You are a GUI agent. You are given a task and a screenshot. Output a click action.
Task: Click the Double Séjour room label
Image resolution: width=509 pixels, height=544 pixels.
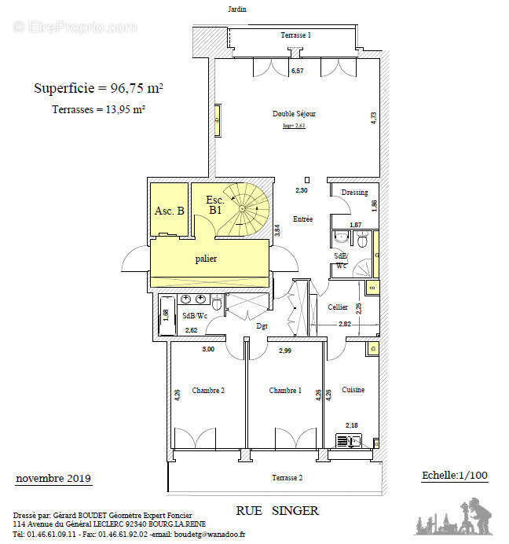click(294, 114)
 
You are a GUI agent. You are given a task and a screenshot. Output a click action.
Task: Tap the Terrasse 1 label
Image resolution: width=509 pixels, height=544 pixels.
click(296, 36)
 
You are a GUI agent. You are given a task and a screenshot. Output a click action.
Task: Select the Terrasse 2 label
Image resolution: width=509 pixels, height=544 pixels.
click(287, 478)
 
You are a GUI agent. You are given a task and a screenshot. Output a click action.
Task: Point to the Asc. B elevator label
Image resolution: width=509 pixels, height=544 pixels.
click(169, 211)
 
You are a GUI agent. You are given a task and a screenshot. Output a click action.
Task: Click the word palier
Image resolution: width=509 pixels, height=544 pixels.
click(206, 259)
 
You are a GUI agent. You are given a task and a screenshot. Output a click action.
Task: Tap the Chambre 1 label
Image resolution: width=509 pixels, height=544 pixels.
click(284, 391)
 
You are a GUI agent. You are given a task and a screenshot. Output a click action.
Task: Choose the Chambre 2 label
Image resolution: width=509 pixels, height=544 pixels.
click(208, 391)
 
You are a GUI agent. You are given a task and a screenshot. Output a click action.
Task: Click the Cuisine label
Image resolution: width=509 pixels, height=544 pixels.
click(353, 390)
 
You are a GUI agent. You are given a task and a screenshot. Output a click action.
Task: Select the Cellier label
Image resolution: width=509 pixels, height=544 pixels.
click(338, 307)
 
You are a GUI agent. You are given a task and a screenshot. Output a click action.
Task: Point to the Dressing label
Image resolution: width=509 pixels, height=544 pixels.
click(355, 193)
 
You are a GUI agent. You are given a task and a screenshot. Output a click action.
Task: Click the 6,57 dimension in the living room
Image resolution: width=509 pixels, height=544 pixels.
click(298, 71)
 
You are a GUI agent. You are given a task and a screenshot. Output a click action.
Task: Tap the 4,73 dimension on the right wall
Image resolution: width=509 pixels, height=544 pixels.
click(374, 117)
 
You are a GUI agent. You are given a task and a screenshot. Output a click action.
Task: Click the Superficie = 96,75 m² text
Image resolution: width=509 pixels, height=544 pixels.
click(98, 88)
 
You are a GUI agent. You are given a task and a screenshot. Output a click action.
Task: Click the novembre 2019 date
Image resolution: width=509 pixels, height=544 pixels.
click(53, 479)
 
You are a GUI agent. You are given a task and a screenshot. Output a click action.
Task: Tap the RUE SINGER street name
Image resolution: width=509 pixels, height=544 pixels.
click(277, 511)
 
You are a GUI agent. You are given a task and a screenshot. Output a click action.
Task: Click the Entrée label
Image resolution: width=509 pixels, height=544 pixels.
click(302, 219)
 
